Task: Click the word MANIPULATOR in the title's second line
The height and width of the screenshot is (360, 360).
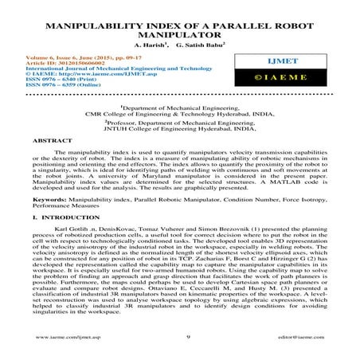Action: pos(180,36)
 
